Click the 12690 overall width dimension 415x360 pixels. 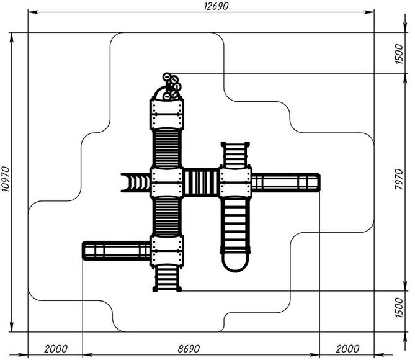(x=216, y=6)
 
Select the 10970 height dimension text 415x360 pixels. (x=6, y=179)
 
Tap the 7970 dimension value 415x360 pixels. (x=399, y=179)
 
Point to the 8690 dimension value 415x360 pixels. (x=189, y=349)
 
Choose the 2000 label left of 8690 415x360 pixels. (x=56, y=349)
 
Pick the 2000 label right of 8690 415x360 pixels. (x=347, y=349)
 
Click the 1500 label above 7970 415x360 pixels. (x=399, y=54)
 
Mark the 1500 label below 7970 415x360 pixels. (x=399, y=307)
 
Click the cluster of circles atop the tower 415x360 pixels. (x=171, y=87)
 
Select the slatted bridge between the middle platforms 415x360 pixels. (x=201, y=182)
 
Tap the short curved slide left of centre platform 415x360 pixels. (x=136, y=182)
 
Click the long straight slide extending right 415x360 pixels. (x=286, y=182)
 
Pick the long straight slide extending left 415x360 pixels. (x=117, y=251)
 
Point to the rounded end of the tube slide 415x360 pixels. (x=235, y=263)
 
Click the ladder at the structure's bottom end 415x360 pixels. (x=167, y=278)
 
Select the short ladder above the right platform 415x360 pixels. (x=235, y=155)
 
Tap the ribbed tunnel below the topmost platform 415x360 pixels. (x=167, y=148)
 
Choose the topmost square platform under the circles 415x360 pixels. (x=167, y=114)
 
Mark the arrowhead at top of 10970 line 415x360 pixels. (x=11, y=38)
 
